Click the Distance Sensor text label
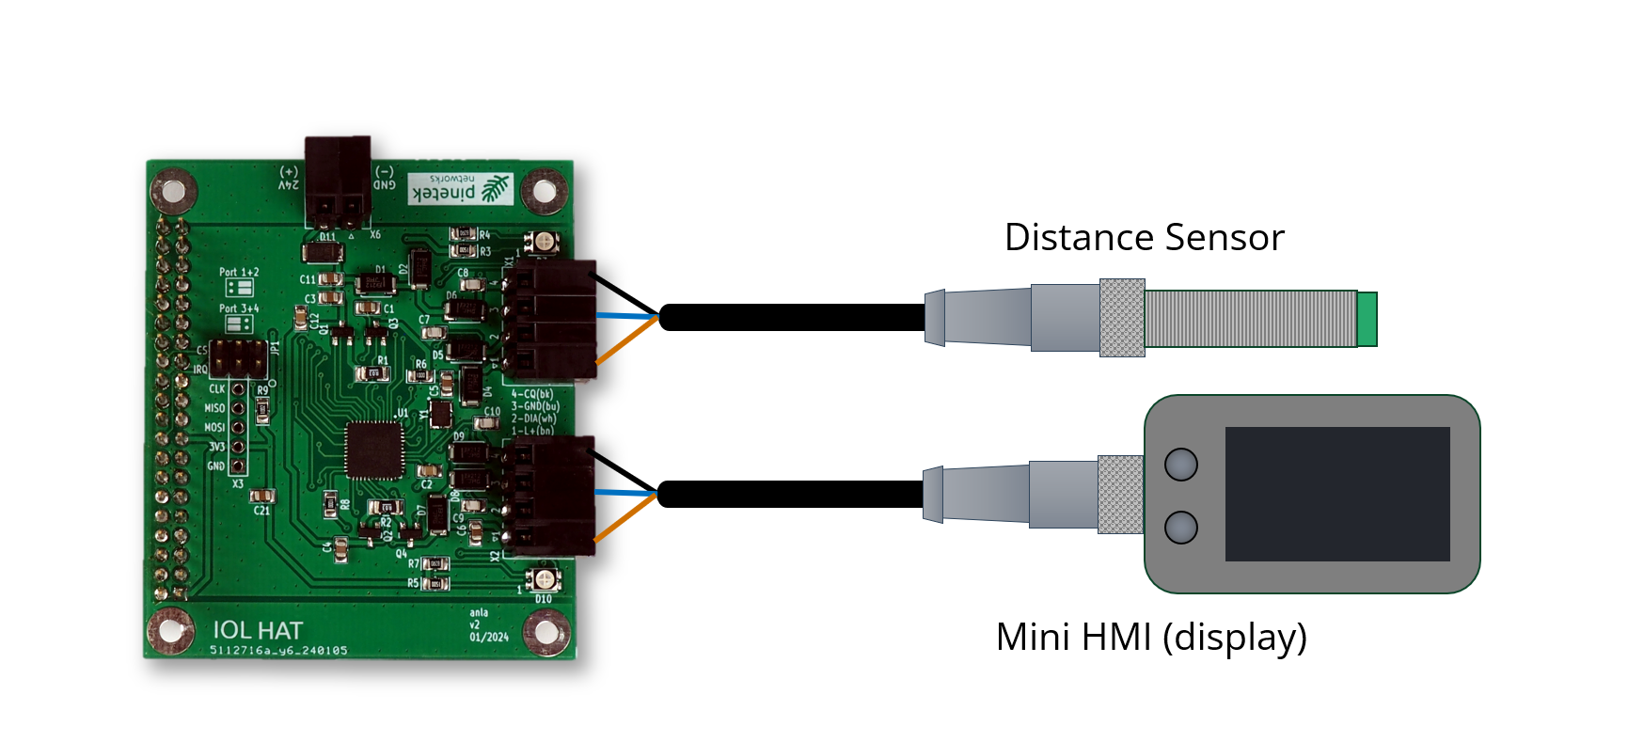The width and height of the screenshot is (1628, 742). pos(1144,238)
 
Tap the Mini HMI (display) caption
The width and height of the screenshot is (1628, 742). pos(1151,638)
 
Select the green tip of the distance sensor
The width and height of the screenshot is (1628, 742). pos(1367,319)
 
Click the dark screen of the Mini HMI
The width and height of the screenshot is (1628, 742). pos(1336,494)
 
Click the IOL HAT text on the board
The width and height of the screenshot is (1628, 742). pos(258,630)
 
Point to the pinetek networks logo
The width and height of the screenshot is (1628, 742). pos(461,188)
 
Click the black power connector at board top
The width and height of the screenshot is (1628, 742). pos(337,179)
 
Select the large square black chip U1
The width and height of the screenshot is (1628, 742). pos(374,450)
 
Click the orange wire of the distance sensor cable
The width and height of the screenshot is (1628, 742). pos(625,340)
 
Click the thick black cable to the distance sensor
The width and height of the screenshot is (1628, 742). pos(790,318)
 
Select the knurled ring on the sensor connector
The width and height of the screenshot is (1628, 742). pos(1122,318)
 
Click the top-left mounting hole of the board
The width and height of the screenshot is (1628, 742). pos(173,191)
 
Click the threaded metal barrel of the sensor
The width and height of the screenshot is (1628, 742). pos(1251,319)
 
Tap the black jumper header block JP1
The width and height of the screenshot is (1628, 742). pos(238,357)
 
